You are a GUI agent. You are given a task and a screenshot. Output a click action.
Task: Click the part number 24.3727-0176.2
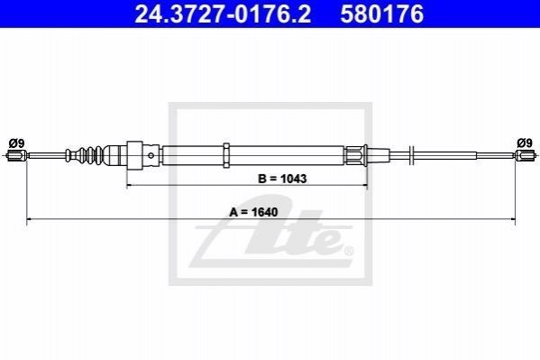tap(223, 14)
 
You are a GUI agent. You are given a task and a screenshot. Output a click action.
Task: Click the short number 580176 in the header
tap(382, 14)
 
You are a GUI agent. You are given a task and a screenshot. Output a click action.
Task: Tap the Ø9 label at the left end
tap(16, 143)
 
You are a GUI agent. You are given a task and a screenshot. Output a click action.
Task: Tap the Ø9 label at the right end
tap(525, 143)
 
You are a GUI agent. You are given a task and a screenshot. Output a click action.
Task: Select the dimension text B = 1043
tap(282, 179)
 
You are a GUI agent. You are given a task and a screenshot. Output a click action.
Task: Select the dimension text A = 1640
tap(253, 212)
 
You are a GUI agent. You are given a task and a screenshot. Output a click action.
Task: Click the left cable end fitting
tap(16, 155)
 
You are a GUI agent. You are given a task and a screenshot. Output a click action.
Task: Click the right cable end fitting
tap(526, 155)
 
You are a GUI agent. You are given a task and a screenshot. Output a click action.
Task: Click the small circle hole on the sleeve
tap(151, 155)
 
